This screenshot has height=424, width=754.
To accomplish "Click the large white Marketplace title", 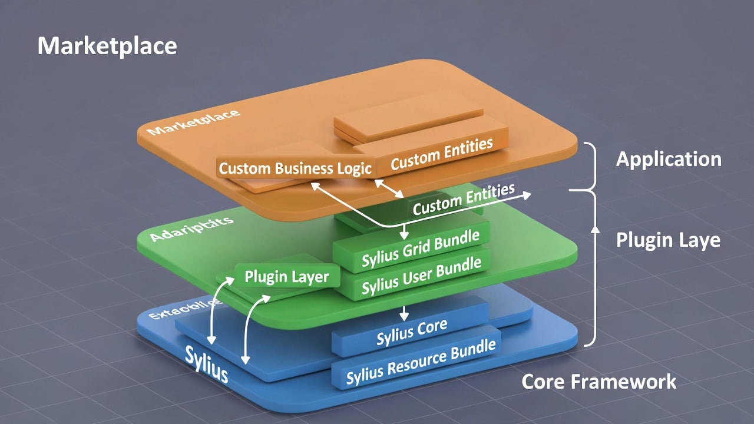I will coord(107,46).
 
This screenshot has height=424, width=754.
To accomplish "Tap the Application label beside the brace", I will coord(669,159).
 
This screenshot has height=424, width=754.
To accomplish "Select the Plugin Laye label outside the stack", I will coord(668,240).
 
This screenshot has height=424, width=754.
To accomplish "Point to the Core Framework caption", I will coord(598,382).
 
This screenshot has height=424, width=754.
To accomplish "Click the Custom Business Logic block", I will coord(295,168).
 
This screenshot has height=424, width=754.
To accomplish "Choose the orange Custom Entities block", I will coord(441,154).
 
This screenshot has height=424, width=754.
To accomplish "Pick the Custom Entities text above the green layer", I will coord(464,199).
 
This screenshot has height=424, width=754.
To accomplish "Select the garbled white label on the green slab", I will coord(191,229).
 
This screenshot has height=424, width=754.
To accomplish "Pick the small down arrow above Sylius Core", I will coord(404,313).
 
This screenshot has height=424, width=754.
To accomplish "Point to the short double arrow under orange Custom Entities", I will coord(389,188).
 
